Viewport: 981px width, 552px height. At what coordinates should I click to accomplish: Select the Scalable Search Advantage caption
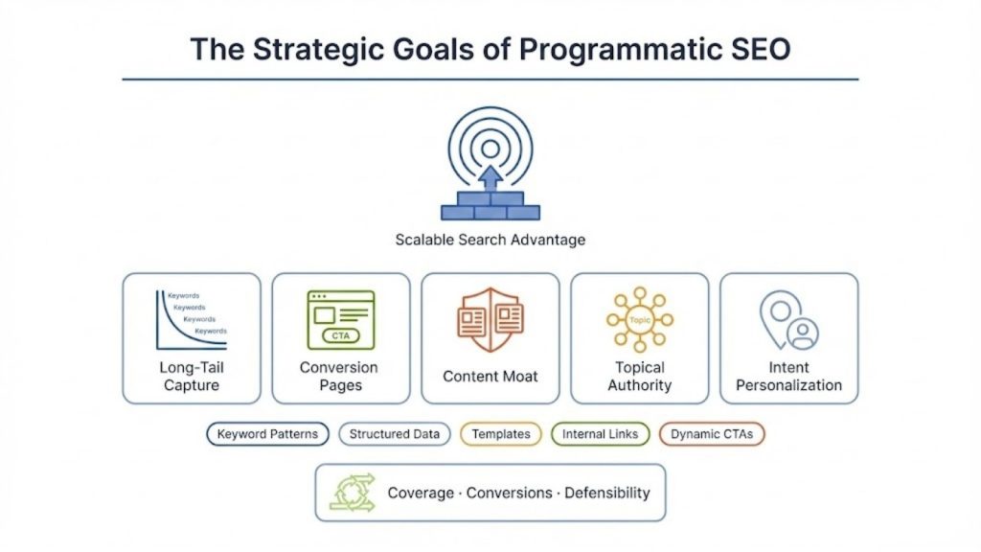490,240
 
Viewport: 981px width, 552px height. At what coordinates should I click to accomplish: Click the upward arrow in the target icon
490,177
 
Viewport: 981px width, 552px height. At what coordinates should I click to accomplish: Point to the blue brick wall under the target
490,206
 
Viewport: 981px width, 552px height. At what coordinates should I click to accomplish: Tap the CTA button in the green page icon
340,335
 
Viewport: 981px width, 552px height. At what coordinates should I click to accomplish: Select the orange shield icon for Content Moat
490,320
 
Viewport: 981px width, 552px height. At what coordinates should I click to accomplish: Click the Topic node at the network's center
639,319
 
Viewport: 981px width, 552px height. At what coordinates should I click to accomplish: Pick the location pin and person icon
789,320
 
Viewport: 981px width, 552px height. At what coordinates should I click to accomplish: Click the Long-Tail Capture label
191,377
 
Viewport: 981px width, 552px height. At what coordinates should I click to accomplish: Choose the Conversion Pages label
340,377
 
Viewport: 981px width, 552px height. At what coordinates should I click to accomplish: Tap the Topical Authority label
639,377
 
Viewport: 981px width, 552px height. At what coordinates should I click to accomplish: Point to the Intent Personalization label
789,377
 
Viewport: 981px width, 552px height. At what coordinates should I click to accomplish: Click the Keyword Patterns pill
267,434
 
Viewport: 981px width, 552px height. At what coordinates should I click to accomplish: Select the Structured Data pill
394,434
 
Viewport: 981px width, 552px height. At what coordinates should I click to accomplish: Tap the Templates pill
500,434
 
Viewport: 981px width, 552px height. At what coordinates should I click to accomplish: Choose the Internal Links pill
600,434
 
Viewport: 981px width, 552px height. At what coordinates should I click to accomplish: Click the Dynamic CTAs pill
711,434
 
